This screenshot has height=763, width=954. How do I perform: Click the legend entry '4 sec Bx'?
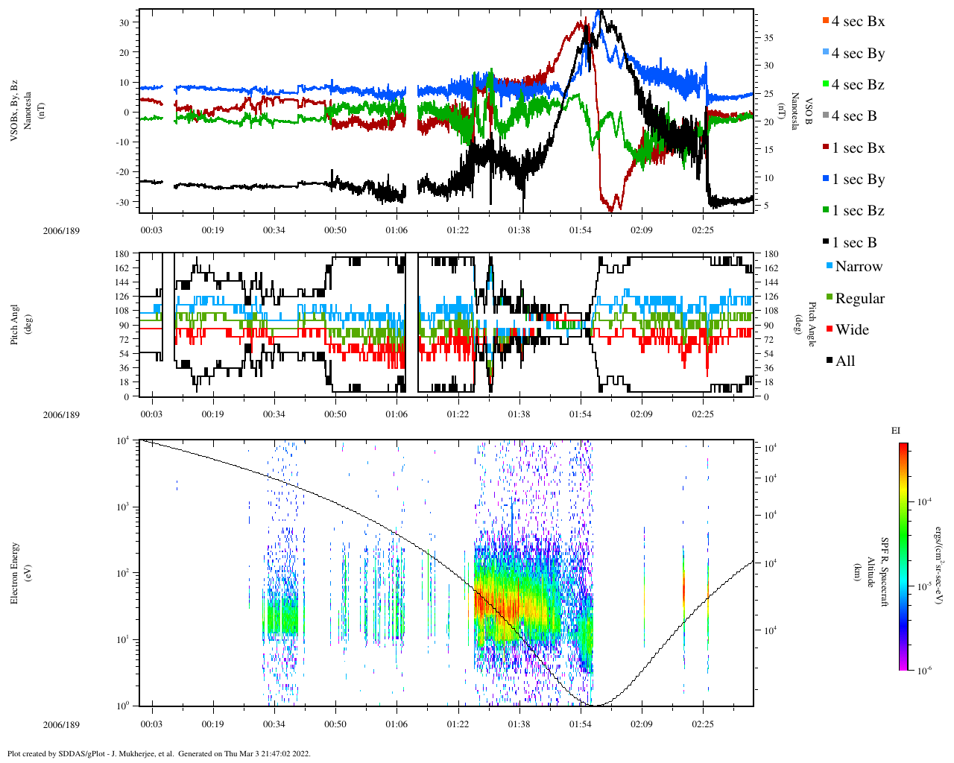click(857, 22)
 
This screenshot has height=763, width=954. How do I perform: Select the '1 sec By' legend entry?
click(857, 180)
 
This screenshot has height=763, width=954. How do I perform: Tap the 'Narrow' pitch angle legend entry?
click(858, 267)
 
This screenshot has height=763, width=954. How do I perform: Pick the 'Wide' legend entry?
click(851, 330)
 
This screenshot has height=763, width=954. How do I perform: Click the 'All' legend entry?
click(844, 361)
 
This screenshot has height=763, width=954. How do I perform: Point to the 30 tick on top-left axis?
click(125, 22)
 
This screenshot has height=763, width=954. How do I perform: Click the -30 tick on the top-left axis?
click(124, 202)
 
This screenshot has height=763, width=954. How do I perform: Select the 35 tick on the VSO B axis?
click(768, 37)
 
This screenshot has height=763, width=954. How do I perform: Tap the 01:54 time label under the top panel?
click(581, 230)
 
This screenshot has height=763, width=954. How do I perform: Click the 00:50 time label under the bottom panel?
click(335, 724)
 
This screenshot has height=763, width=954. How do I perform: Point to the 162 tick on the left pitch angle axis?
click(122, 268)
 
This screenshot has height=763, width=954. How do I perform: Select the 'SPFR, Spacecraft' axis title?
click(885, 572)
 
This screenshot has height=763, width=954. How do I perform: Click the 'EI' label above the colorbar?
click(896, 431)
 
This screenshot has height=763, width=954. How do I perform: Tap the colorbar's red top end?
click(903, 446)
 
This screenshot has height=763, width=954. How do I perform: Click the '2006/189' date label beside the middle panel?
click(61, 415)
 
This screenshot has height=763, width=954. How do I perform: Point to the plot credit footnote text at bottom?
click(159, 753)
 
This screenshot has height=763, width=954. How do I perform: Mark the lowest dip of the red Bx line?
click(612, 211)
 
